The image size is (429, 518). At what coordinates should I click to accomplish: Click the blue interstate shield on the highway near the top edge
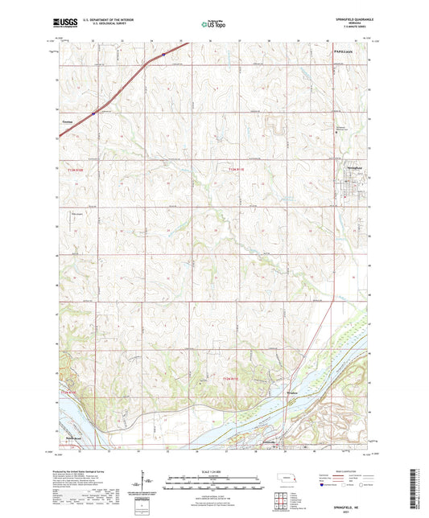coord(163,55)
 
